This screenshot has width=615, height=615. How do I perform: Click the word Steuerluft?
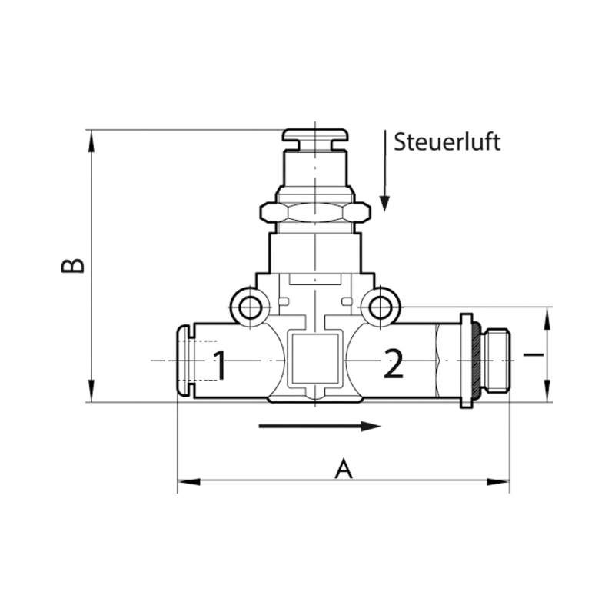[447, 142]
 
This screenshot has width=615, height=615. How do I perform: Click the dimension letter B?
[73, 265]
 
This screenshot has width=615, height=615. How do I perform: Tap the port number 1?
[220, 365]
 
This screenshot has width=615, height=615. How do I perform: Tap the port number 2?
[394, 364]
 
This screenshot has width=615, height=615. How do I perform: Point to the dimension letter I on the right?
[534, 355]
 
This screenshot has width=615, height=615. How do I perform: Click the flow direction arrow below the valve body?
[320, 427]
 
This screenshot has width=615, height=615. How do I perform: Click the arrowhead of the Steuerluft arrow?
[385, 203]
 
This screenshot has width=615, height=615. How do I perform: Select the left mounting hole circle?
[250, 307]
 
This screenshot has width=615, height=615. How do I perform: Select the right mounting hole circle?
[380, 307]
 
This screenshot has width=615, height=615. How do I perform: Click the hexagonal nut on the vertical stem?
[315, 212]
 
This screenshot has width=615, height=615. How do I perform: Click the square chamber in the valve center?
[315, 360]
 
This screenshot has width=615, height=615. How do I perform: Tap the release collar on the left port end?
[184, 361]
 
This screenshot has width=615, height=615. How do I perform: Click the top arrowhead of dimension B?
[91, 141]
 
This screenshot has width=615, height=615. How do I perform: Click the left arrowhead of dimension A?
[188, 482]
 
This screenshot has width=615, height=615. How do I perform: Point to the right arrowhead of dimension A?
[498, 482]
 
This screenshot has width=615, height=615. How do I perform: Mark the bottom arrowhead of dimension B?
[91, 391]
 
